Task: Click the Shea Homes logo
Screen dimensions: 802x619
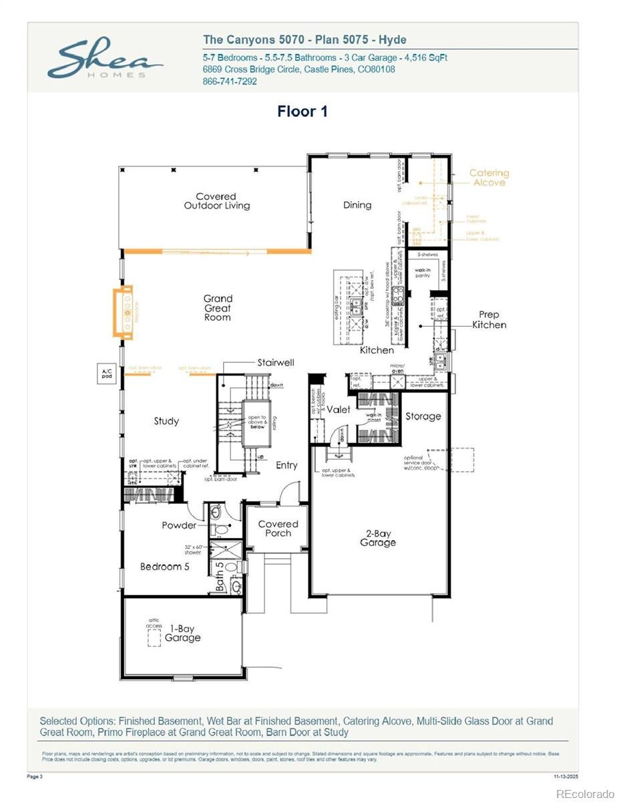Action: pyautogui.click(x=106, y=60)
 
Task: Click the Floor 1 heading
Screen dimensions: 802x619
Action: pyautogui.click(x=302, y=112)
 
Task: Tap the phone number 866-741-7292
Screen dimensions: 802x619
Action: pyautogui.click(x=229, y=82)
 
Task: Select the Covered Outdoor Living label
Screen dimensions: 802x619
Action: pyautogui.click(x=217, y=201)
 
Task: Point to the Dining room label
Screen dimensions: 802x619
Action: pyautogui.click(x=357, y=205)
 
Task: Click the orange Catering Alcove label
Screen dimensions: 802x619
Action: pyautogui.click(x=489, y=178)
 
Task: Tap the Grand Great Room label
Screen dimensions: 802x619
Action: pyautogui.click(x=218, y=307)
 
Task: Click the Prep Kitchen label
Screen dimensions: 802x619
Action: pyautogui.click(x=489, y=319)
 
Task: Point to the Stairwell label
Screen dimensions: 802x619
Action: pyautogui.click(x=276, y=363)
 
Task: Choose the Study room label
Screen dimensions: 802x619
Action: pyautogui.click(x=166, y=421)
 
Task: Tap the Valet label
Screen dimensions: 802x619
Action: pyautogui.click(x=338, y=410)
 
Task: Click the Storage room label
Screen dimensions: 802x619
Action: pyautogui.click(x=423, y=416)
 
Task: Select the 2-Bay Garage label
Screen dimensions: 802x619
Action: pyautogui.click(x=378, y=538)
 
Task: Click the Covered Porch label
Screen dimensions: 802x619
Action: pyautogui.click(x=278, y=529)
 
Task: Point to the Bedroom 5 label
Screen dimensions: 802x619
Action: pyautogui.click(x=164, y=567)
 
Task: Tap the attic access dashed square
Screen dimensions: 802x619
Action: pyautogui.click(x=154, y=638)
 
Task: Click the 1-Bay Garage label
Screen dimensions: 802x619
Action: pyautogui.click(x=182, y=634)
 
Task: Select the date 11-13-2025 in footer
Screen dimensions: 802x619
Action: pyautogui.click(x=566, y=777)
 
